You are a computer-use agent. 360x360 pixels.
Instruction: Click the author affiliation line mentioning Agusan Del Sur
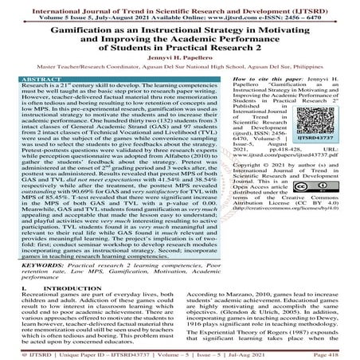(x=179, y=68)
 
